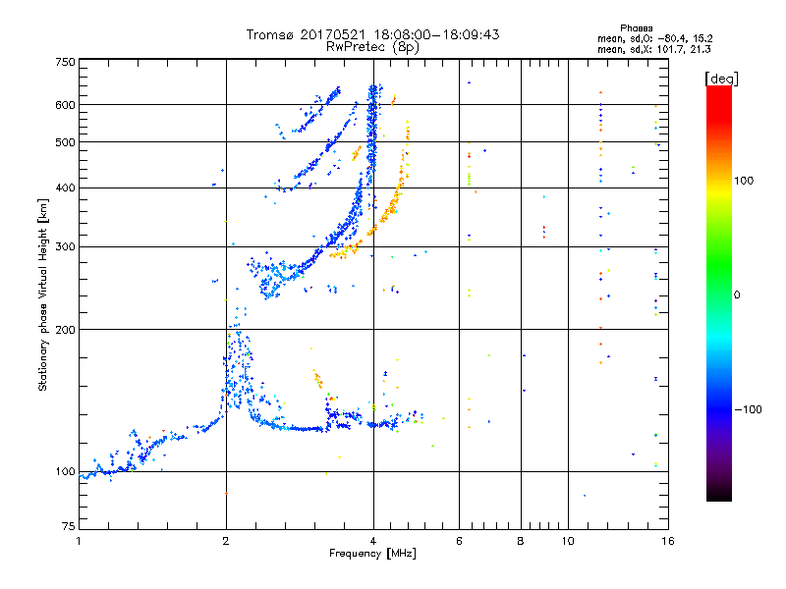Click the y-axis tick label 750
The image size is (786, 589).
click(65, 62)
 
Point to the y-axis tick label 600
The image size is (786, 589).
click(65, 105)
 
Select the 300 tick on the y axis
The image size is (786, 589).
click(65, 246)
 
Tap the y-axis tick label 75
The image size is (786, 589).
click(68, 528)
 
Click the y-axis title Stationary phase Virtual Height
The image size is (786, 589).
click(43, 294)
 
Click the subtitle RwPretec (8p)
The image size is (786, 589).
click(372, 46)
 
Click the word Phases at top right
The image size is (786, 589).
click(637, 27)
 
